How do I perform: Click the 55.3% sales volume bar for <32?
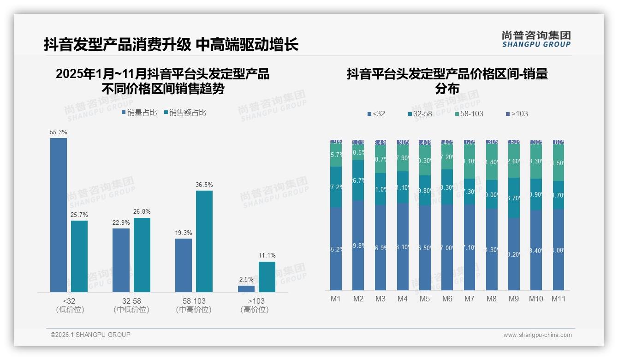click(x=59, y=215)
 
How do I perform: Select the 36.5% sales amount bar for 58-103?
click(x=204, y=241)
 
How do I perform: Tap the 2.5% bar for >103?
click(x=246, y=289)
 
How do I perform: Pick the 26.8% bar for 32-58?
click(x=142, y=255)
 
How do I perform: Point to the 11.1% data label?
click(x=267, y=255)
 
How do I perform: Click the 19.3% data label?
click(x=184, y=233)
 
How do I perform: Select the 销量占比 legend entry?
click(x=139, y=112)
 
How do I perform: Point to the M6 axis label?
click(x=447, y=299)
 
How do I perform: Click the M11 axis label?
click(x=559, y=299)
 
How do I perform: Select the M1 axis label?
click(x=336, y=299)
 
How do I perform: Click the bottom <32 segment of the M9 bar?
click(x=514, y=254)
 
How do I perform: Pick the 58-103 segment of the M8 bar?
click(x=492, y=162)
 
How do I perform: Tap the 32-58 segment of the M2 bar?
click(x=358, y=180)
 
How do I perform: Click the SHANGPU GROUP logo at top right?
click(x=536, y=39)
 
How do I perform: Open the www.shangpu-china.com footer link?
click(x=537, y=335)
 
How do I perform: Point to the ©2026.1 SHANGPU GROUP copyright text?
click(x=90, y=335)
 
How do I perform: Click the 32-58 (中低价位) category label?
click(x=131, y=305)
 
